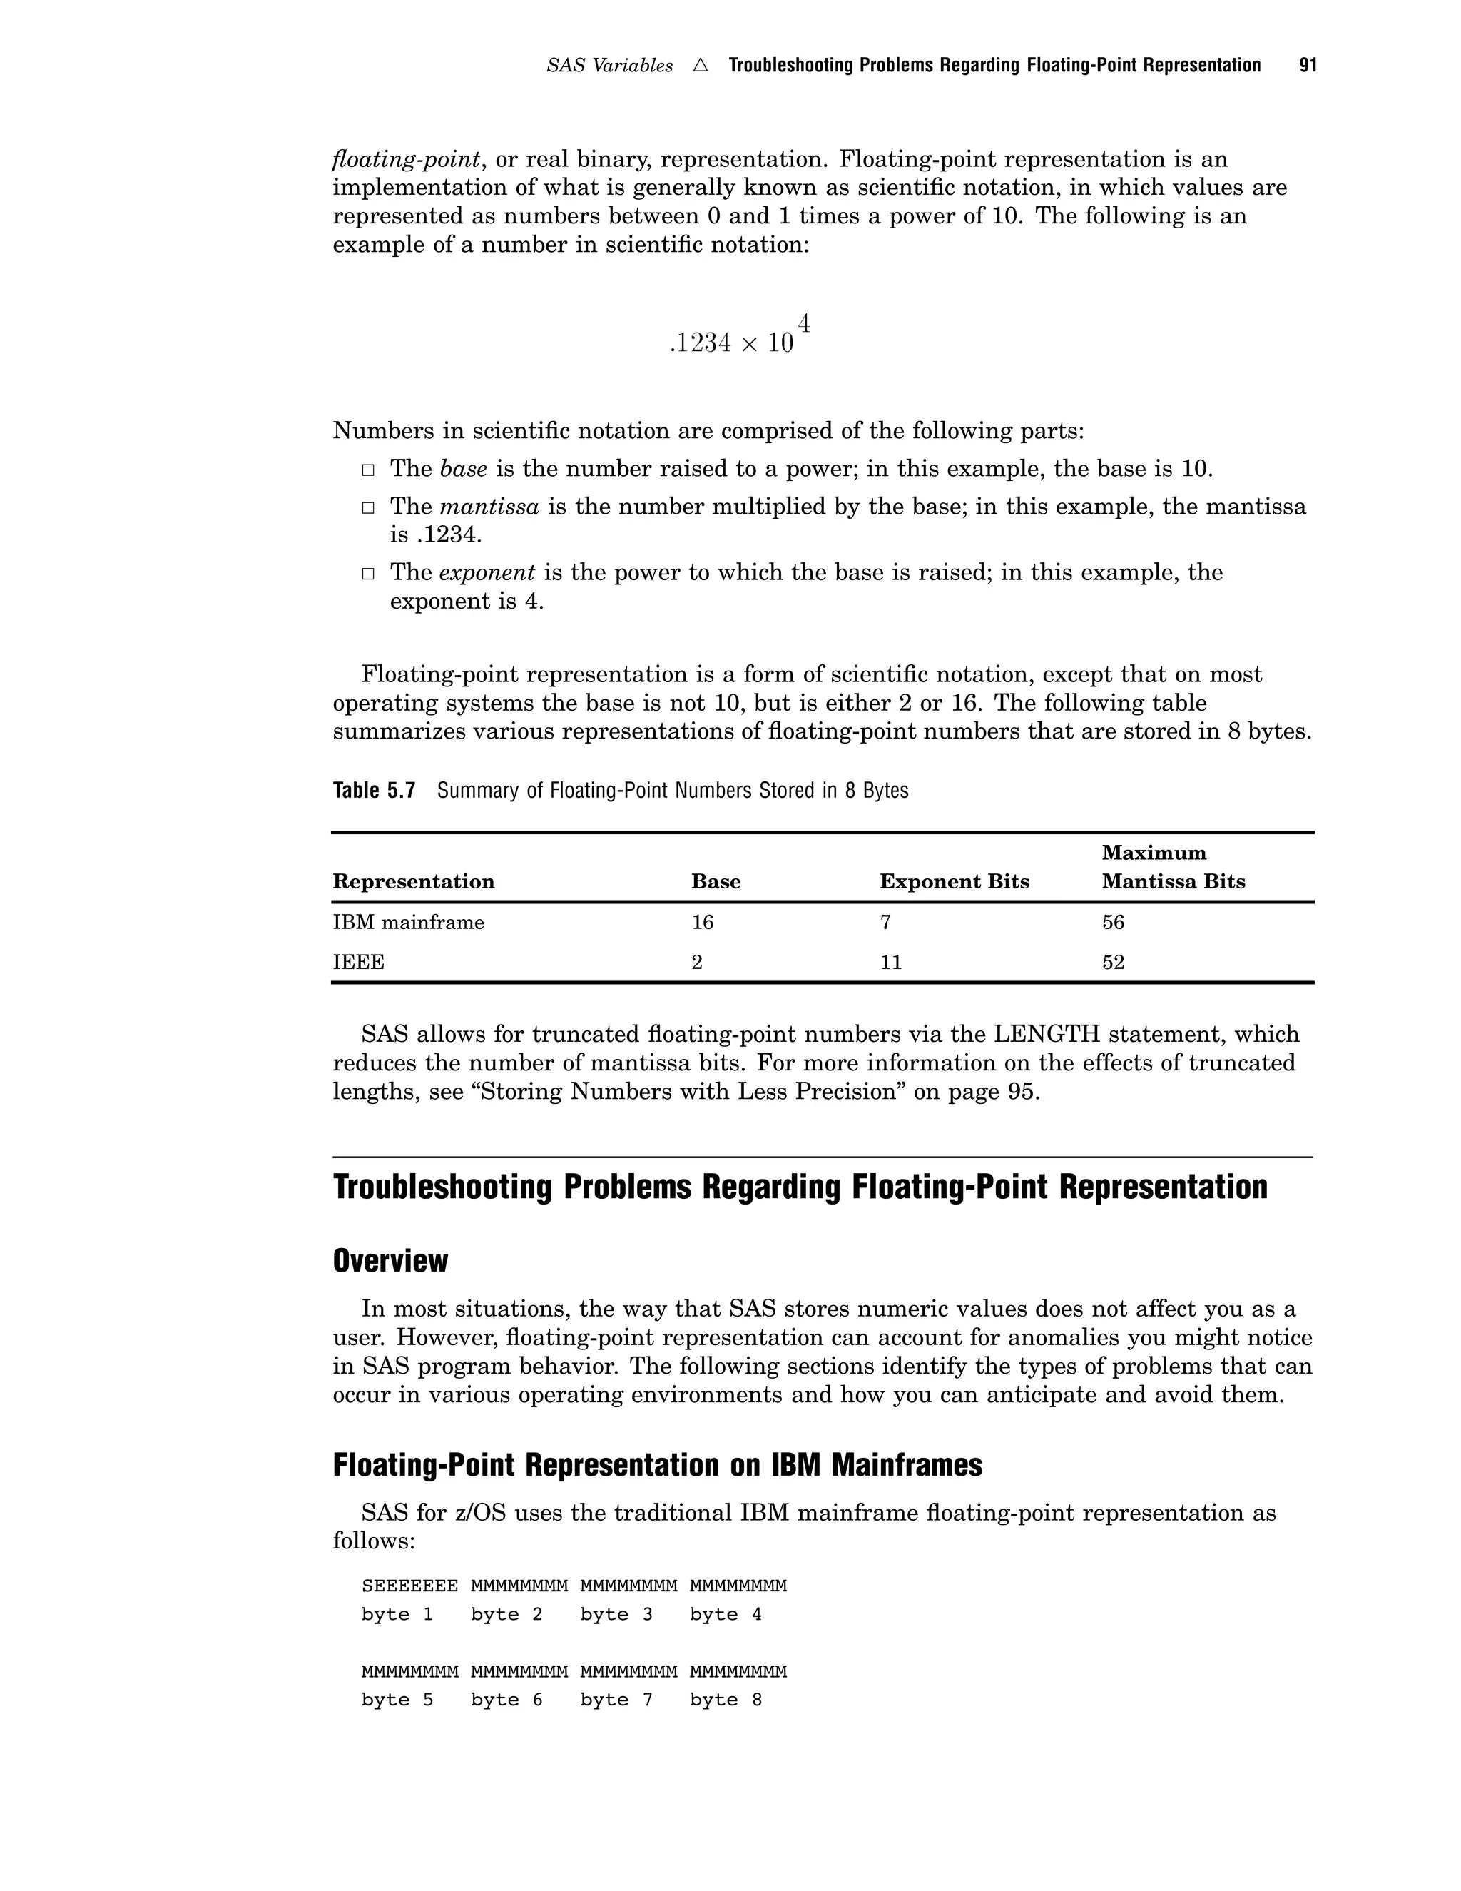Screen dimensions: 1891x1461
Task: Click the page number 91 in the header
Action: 1308,66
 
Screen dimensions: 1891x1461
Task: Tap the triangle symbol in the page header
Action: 701,66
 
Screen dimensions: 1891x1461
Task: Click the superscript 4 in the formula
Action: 803,325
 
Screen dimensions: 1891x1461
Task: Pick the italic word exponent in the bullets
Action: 487,572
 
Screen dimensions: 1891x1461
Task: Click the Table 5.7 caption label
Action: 374,791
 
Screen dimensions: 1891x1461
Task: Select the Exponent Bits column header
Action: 954,881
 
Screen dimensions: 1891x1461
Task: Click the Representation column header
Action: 414,881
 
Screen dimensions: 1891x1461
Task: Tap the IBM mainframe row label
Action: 409,922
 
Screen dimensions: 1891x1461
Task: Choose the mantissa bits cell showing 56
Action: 1113,922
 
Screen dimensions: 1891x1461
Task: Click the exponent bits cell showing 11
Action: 890,962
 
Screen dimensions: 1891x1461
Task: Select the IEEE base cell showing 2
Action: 697,962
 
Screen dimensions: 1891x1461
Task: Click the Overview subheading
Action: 390,1261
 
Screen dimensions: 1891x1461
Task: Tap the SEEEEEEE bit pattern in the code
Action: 409,1586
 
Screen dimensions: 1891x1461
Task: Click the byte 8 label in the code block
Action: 726,1699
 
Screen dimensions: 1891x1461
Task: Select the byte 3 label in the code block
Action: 616,1614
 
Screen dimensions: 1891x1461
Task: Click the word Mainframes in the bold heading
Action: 906,1465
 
